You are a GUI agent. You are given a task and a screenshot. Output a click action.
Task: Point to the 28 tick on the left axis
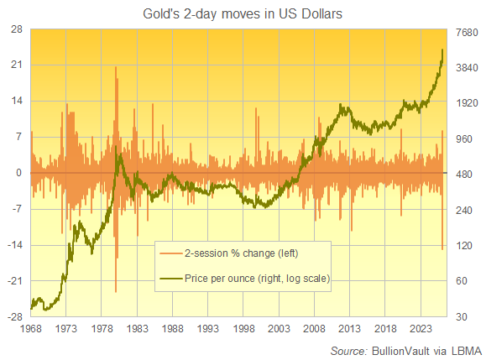point(16,29)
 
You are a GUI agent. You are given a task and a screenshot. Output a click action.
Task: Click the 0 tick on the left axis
point(18,173)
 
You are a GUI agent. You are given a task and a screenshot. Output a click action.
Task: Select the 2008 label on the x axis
point(315,329)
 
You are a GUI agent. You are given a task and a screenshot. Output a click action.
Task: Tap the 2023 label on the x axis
point(421,329)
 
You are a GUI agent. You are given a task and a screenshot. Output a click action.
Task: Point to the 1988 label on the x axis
point(173,329)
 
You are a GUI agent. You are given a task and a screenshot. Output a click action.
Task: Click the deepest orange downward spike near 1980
point(116,290)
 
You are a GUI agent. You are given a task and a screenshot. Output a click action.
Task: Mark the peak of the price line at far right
point(443,50)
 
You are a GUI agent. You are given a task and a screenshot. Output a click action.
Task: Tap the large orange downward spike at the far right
point(442,248)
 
